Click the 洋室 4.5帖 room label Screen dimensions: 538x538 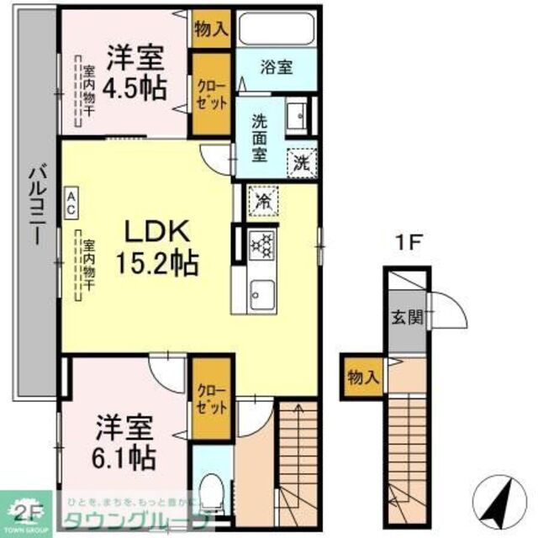point(134,74)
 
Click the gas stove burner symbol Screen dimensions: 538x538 point(262,245)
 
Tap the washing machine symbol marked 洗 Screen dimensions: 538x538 point(300,161)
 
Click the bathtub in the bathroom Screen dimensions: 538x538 point(276,30)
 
